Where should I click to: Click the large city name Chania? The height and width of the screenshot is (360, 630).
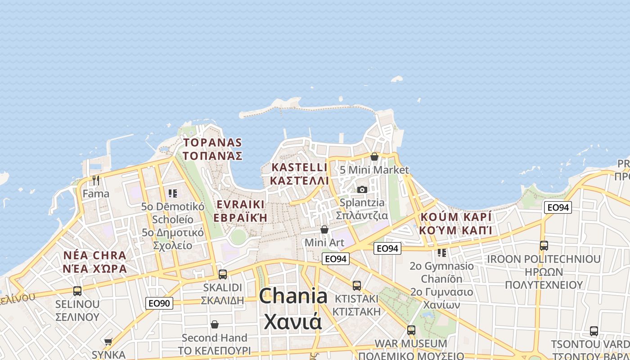click(x=293, y=297)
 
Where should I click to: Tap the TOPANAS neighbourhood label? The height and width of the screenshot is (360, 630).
click(x=212, y=143)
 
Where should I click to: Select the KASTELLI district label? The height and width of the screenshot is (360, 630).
click(x=300, y=167)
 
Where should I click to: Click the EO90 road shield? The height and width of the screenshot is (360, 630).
click(x=159, y=303)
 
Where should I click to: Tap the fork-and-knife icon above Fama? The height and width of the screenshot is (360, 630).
click(x=96, y=180)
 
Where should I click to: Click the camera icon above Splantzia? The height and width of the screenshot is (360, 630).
click(x=362, y=189)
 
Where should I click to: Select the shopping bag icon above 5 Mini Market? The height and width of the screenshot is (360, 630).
click(x=374, y=157)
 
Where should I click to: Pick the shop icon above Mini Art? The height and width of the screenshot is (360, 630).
click(x=324, y=229)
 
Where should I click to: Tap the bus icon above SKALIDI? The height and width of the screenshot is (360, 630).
click(x=222, y=274)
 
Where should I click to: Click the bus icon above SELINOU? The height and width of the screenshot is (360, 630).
click(x=77, y=291)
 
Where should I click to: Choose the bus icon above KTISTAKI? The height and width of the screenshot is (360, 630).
click(x=357, y=285)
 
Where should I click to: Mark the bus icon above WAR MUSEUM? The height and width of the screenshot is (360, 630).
click(x=411, y=330)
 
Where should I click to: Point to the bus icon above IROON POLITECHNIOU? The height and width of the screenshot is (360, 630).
click(x=544, y=246)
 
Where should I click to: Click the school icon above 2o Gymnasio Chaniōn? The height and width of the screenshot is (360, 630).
click(x=442, y=252)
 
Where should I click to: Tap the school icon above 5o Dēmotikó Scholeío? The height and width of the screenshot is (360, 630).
click(x=173, y=193)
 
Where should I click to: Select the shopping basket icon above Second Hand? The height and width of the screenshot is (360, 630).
click(x=215, y=324)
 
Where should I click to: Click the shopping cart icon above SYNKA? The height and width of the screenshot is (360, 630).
click(x=108, y=342)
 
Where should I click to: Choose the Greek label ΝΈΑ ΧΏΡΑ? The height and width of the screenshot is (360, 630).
click(x=95, y=269)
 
